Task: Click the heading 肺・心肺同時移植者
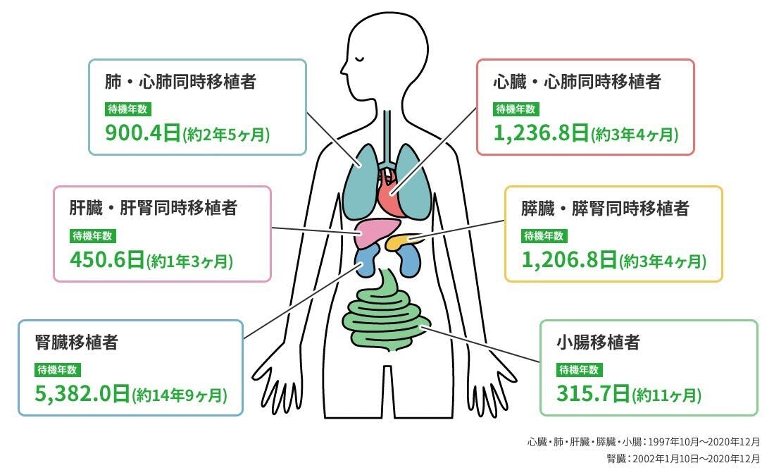click(180, 82)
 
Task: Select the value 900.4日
click(143, 132)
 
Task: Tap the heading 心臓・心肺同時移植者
click(577, 82)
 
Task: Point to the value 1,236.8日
click(541, 132)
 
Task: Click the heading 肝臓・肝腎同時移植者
click(153, 208)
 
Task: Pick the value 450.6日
click(107, 260)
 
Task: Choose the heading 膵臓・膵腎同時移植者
click(605, 208)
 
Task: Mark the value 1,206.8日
click(569, 260)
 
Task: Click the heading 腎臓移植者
click(77, 342)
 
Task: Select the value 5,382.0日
click(82, 393)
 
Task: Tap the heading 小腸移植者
click(598, 342)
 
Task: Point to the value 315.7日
click(593, 393)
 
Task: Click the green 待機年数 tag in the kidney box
click(57, 370)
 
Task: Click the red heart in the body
click(390, 190)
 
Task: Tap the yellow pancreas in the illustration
click(401, 242)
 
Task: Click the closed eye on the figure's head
click(361, 58)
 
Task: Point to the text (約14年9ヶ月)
click(180, 395)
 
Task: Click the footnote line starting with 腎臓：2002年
click(683, 459)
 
